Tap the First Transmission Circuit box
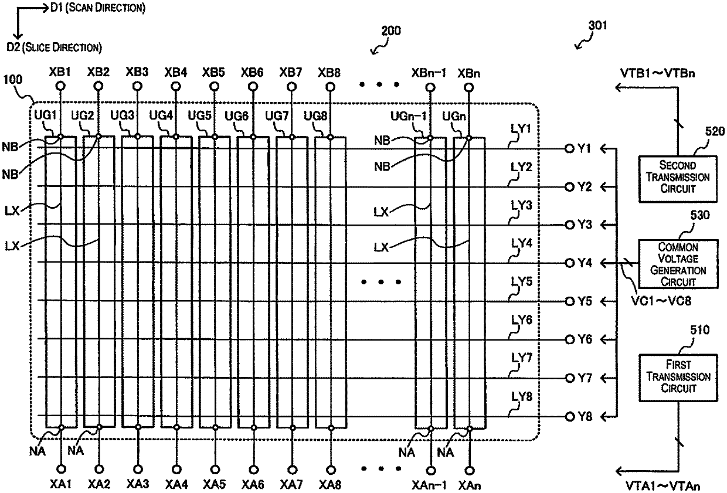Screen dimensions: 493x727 click(x=672, y=377)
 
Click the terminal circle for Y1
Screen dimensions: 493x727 click(x=568, y=149)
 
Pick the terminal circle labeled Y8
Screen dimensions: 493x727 click(x=568, y=417)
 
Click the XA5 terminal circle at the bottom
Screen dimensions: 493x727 click(x=215, y=469)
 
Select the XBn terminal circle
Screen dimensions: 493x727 click(x=469, y=87)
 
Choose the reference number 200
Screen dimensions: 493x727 click(x=392, y=30)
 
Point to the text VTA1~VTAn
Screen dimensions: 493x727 click(x=667, y=485)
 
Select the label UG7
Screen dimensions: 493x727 click(x=276, y=114)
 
